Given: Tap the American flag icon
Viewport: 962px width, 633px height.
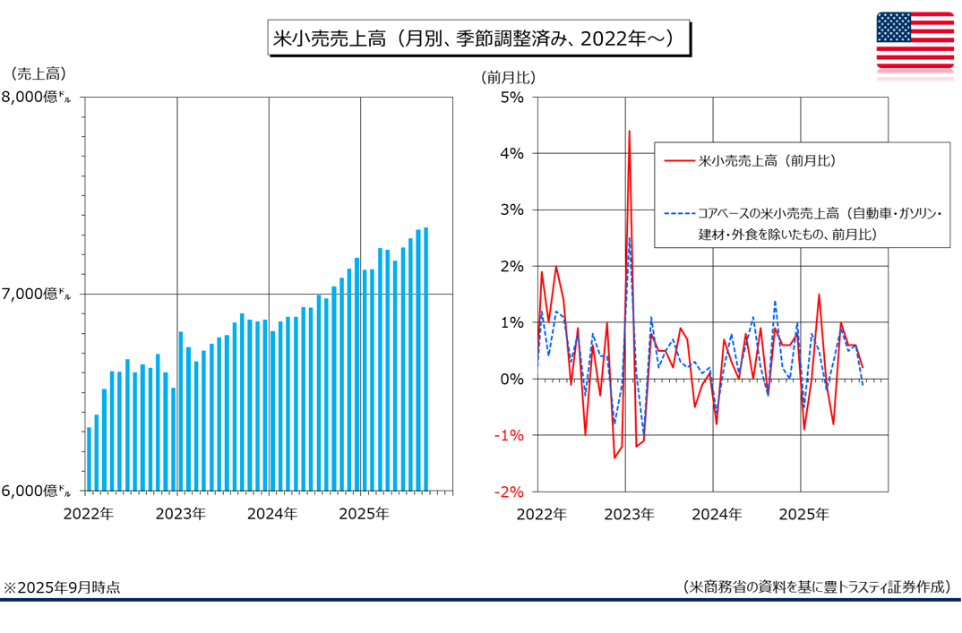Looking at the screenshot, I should click(x=915, y=40).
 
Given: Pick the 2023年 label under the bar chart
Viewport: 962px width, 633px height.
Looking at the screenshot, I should click(x=180, y=514).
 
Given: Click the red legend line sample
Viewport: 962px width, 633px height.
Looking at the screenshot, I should click(x=680, y=162).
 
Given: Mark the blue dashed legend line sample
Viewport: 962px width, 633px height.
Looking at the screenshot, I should click(x=680, y=214).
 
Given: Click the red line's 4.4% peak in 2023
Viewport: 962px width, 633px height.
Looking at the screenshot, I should click(x=629, y=132).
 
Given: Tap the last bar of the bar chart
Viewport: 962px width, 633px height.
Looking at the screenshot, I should click(x=425, y=358).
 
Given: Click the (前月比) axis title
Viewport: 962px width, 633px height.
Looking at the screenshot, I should click(x=508, y=77).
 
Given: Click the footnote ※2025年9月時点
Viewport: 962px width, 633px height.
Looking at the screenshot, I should click(x=62, y=587).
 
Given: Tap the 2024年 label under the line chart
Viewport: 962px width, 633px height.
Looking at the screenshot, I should click(x=716, y=514).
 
